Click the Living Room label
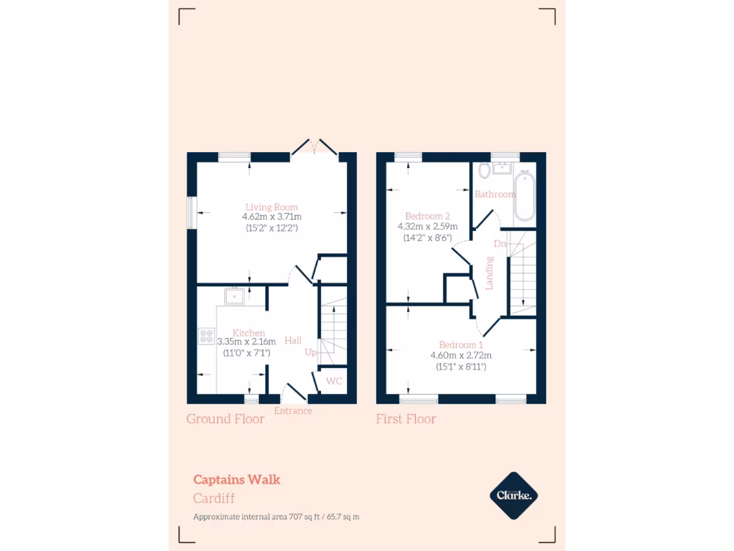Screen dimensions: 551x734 pyautogui.click(x=271, y=207)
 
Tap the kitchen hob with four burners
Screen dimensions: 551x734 pyautogui.click(x=206, y=336)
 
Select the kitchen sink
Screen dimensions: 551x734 pyautogui.click(x=234, y=295)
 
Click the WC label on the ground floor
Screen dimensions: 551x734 pyautogui.click(x=334, y=381)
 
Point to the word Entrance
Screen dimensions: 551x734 pyautogui.click(x=293, y=411)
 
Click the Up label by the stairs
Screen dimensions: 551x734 pyautogui.click(x=310, y=352)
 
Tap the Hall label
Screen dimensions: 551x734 pyautogui.click(x=292, y=340)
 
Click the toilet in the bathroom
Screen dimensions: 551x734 pyautogui.click(x=484, y=170)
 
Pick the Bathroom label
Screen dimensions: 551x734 pyautogui.click(x=495, y=194)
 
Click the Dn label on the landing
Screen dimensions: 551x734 pyautogui.click(x=500, y=244)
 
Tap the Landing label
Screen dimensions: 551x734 pyautogui.click(x=490, y=273)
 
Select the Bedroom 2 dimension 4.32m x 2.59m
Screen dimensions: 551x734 pyautogui.click(x=427, y=227)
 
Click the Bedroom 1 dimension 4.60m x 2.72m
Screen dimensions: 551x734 pyautogui.click(x=461, y=355)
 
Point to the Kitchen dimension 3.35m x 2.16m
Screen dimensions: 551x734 pyautogui.click(x=246, y=342)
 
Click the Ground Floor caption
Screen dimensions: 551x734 pyautogui.click(x=225, y=419)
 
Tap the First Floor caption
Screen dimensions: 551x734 pyautogui.click(x=406, y=419)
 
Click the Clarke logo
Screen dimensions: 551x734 pyautogui.click(x=513, y=495)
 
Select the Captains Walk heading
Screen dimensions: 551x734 pyautogui.click(x=237, y=480)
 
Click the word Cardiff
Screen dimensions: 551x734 pyautogui.click(x=214, y=499)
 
